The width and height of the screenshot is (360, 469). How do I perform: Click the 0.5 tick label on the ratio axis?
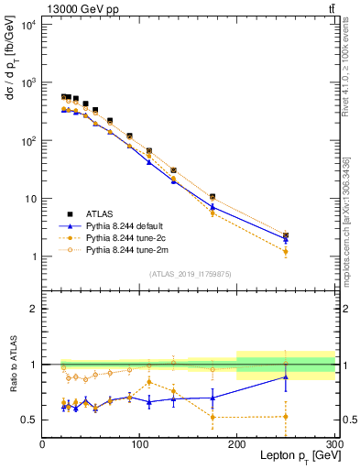29,420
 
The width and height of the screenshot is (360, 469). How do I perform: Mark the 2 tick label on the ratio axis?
34,309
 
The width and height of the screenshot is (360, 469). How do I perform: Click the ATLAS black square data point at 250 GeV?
286,235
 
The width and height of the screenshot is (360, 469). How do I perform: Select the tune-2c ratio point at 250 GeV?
286,417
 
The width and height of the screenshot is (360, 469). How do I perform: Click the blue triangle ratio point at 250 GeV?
286,376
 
